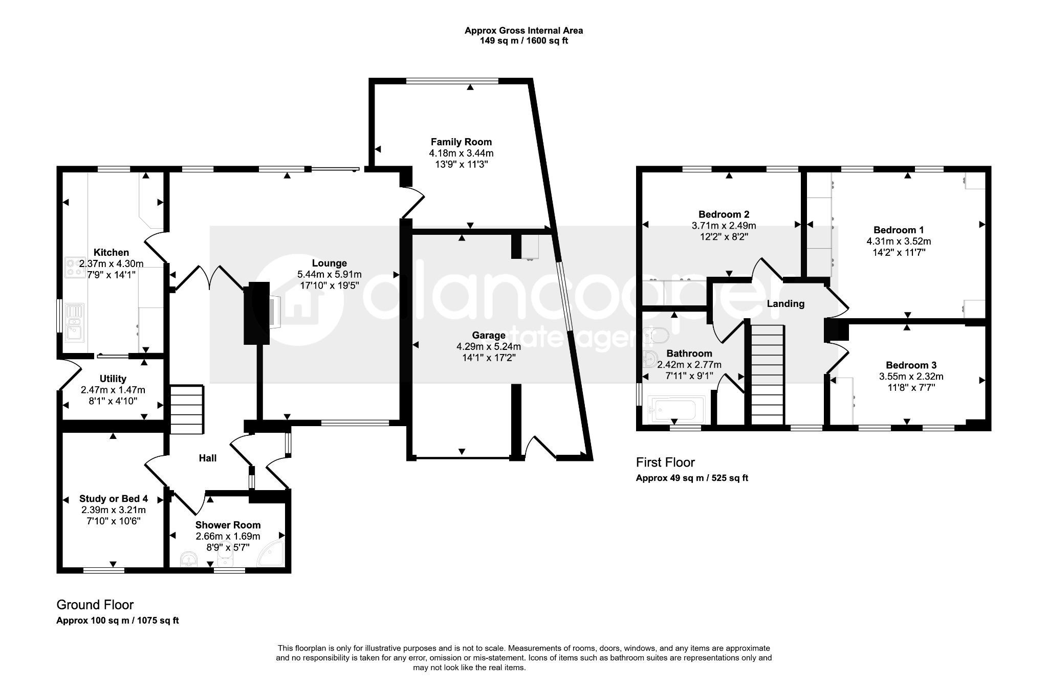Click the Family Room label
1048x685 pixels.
point(461,142)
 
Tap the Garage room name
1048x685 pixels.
point(489,336)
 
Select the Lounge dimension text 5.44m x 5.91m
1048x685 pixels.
point(330,275)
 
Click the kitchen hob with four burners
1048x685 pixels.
point(75,267)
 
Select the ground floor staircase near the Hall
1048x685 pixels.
point(187,410)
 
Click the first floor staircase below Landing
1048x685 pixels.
point(767,374)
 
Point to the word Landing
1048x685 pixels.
point(785,304)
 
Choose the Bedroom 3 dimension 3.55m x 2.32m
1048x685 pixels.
point(911,377)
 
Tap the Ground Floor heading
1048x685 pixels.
point(95,605)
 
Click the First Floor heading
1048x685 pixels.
point(665,462)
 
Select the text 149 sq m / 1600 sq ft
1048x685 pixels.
point(523,41)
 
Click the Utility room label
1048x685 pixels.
point(113,379)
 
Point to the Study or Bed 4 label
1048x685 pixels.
point(114,499)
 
